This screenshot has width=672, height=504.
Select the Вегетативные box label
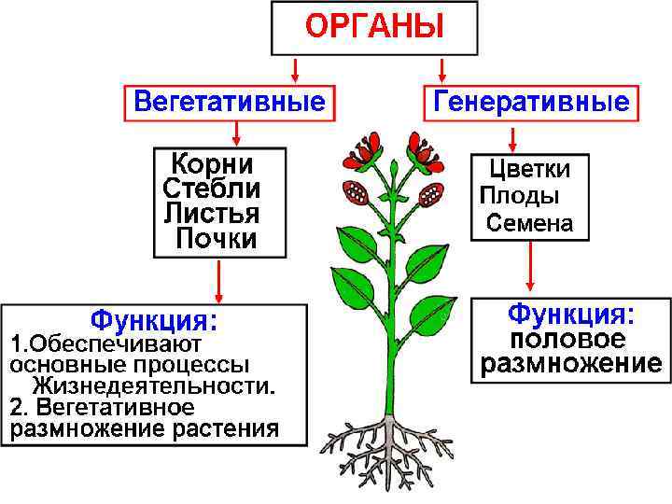[x=230, y=101]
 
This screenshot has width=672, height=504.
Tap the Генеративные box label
[x=530, y=101]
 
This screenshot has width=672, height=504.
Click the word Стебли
[x=212, y=189]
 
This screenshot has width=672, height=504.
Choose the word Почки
[x=217, y=239]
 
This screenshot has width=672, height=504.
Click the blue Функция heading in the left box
[x=154, y=321]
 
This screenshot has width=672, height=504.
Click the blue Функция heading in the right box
[x=570, y=313]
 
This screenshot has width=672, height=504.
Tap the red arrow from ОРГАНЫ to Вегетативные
[x=295, y=68]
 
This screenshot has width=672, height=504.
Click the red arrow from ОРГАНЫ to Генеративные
[x=442, y=68]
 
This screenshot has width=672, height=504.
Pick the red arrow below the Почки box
[x=218, y=279]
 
